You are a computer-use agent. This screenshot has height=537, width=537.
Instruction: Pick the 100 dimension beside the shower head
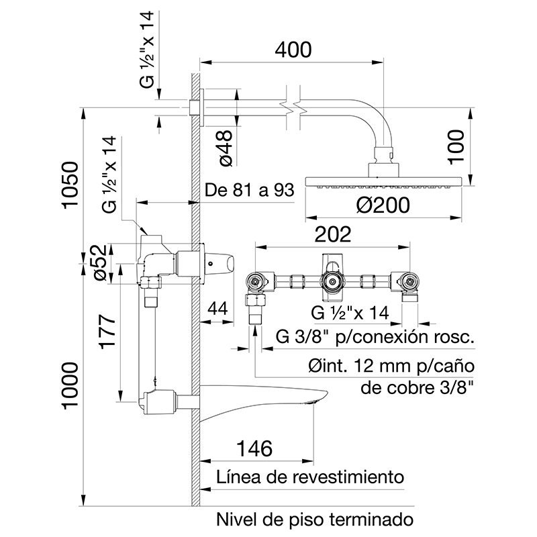(456, 146)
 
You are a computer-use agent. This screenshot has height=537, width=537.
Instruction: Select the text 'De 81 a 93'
(250, 191)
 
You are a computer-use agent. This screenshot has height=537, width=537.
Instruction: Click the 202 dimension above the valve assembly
(334, 234)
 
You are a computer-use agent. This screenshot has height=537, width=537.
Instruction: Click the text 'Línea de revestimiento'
(310, 477)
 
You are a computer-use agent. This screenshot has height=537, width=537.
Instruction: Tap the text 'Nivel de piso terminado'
(313, 519)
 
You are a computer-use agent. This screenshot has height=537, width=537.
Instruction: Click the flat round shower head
(383, 181)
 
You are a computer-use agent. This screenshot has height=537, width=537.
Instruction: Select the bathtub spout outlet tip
(314, 401)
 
